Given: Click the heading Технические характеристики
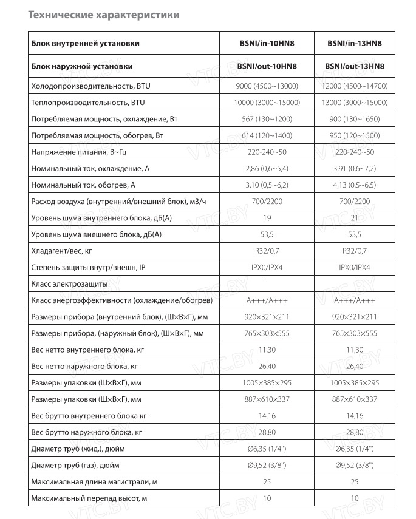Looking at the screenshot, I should [104, 15].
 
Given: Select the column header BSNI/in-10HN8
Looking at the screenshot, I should [267, 43].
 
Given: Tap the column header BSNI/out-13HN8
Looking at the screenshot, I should [355, 66].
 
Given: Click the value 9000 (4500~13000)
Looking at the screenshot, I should [267, 86].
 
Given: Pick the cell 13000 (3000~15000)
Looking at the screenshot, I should [355, 103].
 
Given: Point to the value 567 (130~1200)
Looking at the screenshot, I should [267, 119].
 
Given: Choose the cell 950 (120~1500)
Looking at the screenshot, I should [355, 135].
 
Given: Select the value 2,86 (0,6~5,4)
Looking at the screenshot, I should [267, 168].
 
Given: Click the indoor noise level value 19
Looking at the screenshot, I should [267, 217].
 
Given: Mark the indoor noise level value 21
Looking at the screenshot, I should [355, 217].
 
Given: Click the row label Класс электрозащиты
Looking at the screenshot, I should [69, 283].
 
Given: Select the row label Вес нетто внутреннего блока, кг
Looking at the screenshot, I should [87, 350].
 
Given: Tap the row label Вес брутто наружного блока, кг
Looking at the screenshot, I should [87, 432].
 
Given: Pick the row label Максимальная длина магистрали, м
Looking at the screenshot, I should [94, 482].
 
